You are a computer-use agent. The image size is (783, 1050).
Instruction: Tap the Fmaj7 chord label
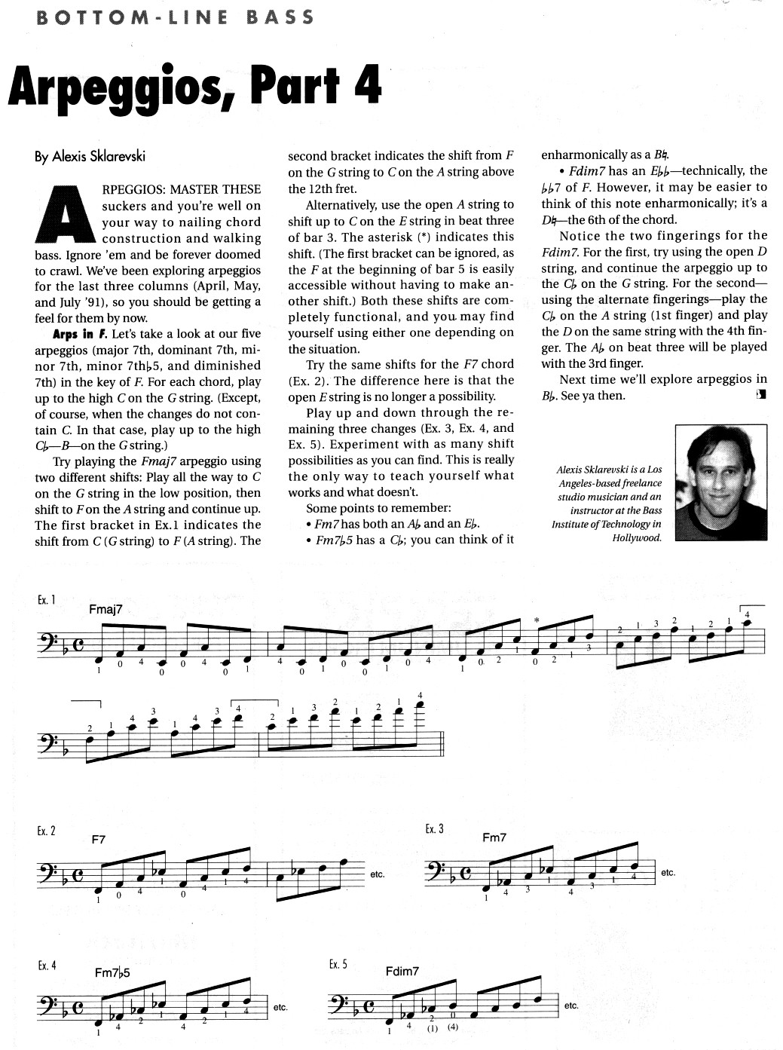coord(106,609)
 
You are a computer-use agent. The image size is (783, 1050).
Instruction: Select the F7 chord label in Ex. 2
coord(99,838)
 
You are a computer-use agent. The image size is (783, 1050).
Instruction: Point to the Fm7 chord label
coord(494,837)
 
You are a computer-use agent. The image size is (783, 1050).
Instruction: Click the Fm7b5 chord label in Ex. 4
coord(112,972)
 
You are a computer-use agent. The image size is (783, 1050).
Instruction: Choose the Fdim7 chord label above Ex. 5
coord(402,971)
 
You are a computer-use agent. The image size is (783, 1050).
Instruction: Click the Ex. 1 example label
coord(46,600)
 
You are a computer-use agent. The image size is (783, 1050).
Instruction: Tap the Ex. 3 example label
coord(434,828)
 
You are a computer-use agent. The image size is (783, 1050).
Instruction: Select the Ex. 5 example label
coord(338,964)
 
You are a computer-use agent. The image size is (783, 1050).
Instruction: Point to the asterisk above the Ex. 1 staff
coord(537,620)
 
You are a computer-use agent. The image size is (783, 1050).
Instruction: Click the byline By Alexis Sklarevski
coord(90,156)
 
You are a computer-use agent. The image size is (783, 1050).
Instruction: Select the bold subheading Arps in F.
coord(81,333)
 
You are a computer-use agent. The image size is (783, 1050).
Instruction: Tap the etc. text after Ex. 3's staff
coord(668,872)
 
